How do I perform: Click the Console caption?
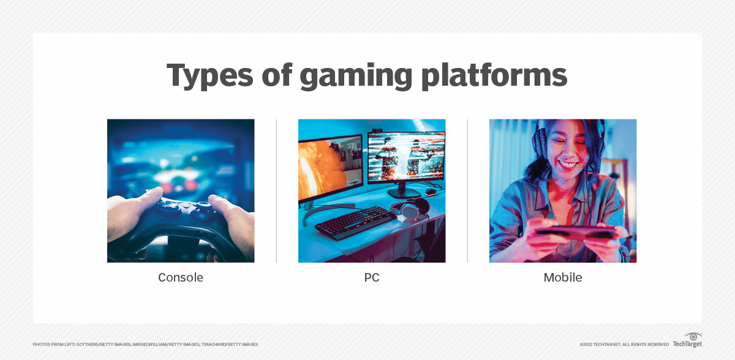181,277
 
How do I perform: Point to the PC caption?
371,277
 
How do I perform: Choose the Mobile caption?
562,277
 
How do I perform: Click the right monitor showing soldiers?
405,157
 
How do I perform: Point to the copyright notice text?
624,345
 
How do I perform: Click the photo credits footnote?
145,345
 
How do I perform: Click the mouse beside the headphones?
431,192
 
